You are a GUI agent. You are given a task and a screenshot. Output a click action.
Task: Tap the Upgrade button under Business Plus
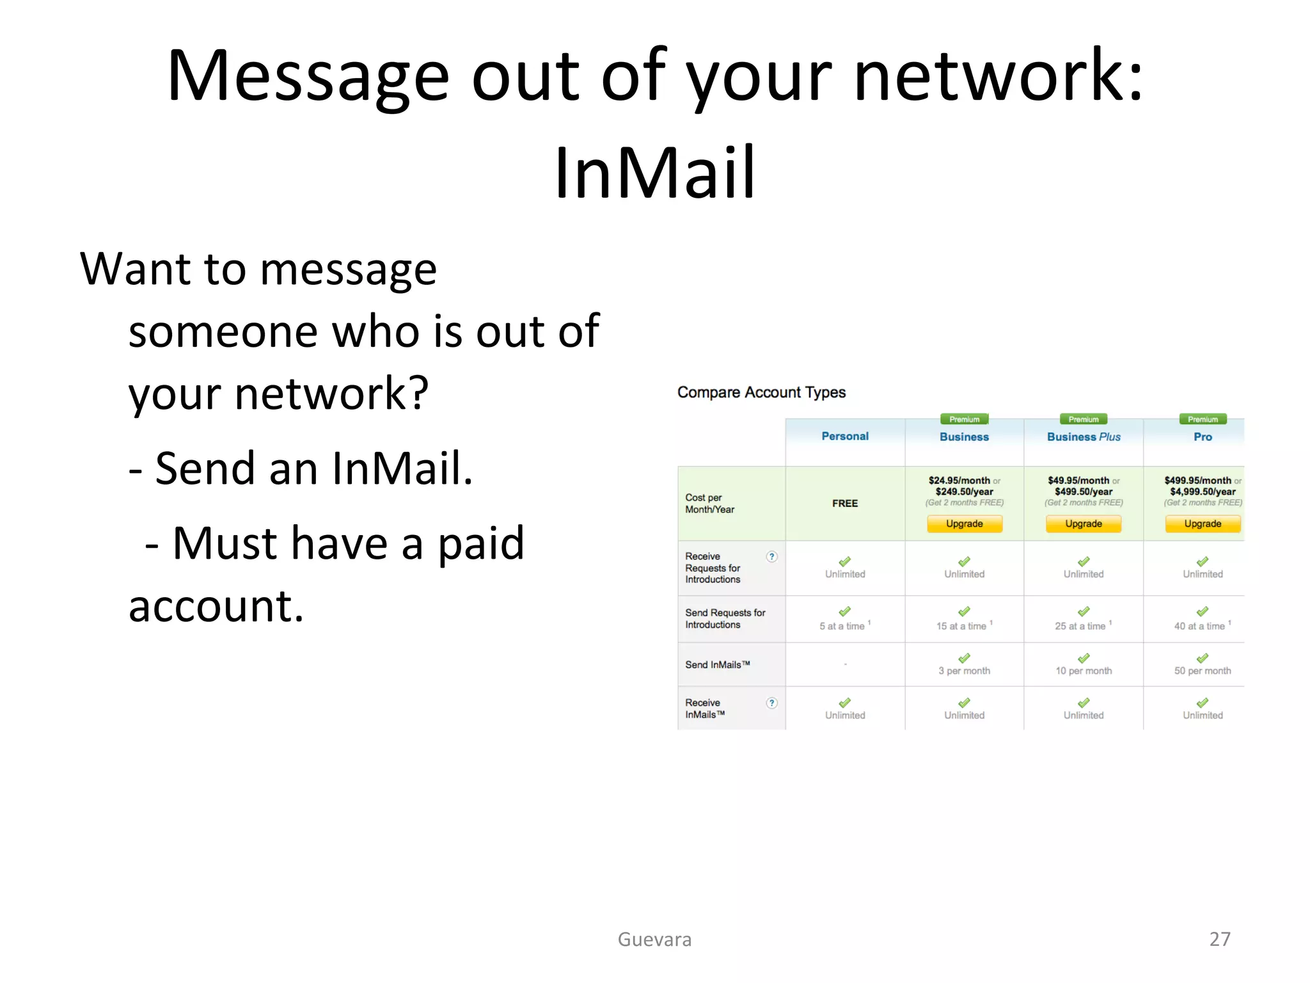(1084, 523)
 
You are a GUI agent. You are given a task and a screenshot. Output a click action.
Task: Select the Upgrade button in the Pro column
(1203, 523)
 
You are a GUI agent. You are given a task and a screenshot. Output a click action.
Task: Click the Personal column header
(845, 436)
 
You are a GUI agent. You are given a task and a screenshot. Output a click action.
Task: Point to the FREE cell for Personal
(845, 504)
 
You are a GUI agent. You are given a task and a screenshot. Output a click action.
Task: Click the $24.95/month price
(959, 481)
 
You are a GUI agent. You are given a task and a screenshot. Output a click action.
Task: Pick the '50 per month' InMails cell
(1203, 671)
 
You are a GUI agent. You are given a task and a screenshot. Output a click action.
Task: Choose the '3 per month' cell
(964, 671)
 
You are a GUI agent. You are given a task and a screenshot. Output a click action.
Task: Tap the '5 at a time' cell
(842, 626)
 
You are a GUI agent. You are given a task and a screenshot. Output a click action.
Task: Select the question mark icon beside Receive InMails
(772, 703)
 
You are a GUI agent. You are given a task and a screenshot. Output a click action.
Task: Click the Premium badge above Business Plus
(1084, 419)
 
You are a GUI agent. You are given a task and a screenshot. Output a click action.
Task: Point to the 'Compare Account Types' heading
(761, 392)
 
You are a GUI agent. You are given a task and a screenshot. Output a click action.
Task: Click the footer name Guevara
(654, 939)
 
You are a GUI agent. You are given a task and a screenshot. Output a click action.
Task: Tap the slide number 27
(1220, 939)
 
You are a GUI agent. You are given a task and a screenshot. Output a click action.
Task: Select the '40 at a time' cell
(1199, 626)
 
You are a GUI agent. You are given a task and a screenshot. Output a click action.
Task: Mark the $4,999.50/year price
(1203, 491)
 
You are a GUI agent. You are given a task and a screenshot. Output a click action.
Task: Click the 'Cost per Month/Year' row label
(709, 504)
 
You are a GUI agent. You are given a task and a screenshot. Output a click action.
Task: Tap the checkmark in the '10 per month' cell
(1084, 658)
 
